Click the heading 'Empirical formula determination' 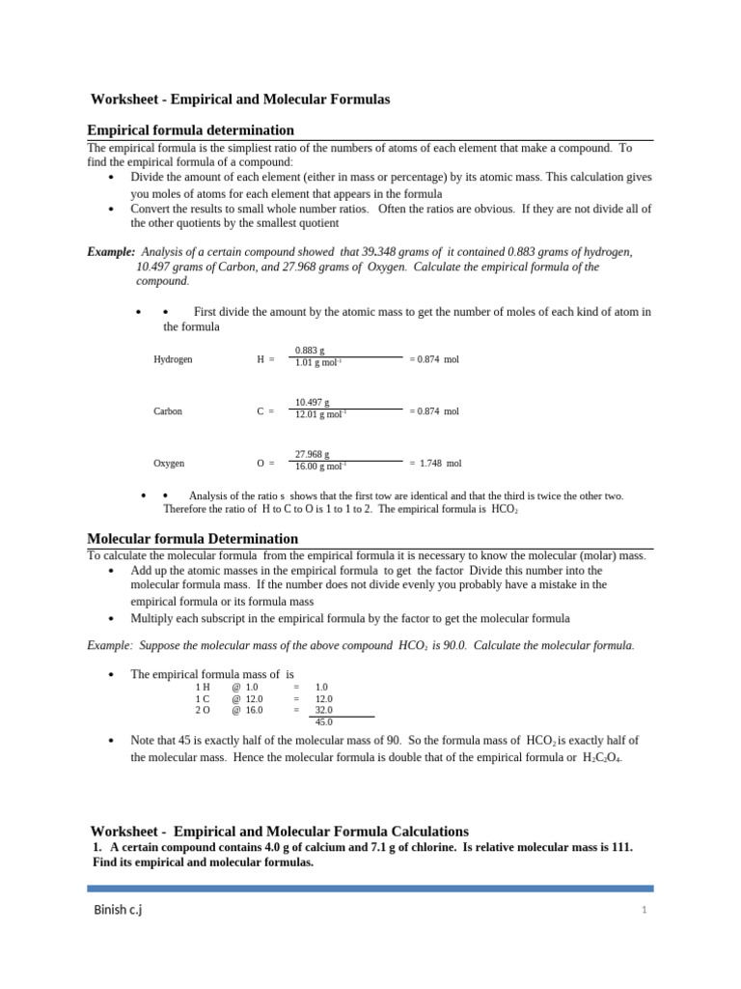click(190, 129)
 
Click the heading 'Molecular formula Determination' click(192, 538)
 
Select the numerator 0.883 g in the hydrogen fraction click(310, 350)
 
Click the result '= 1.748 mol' click(435, 464)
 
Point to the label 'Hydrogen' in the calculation click(173, 359)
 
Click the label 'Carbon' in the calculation click(168, 411)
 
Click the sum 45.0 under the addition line click(324, 721)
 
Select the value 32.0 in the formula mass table click(324, 710)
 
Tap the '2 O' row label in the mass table click(203, 710)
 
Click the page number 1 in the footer click(642, 910)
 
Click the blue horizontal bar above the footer click(370, 888)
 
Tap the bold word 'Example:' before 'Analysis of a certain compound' click(111, 252)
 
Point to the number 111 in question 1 click(620, 847)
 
